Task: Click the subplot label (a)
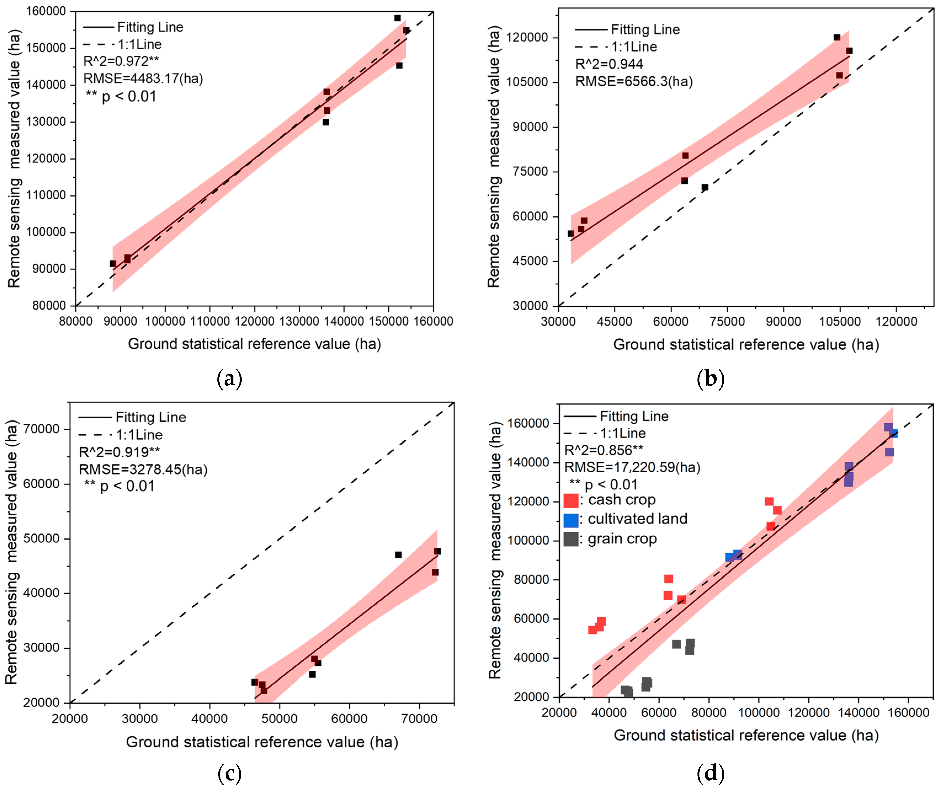coord(229,379)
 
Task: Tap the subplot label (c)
coord(229,773)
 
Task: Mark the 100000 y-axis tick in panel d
coord(528,541)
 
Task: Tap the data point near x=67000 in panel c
coord(398,555)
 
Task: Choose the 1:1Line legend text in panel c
coord(139,435)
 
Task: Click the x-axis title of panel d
coord(746,735)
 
